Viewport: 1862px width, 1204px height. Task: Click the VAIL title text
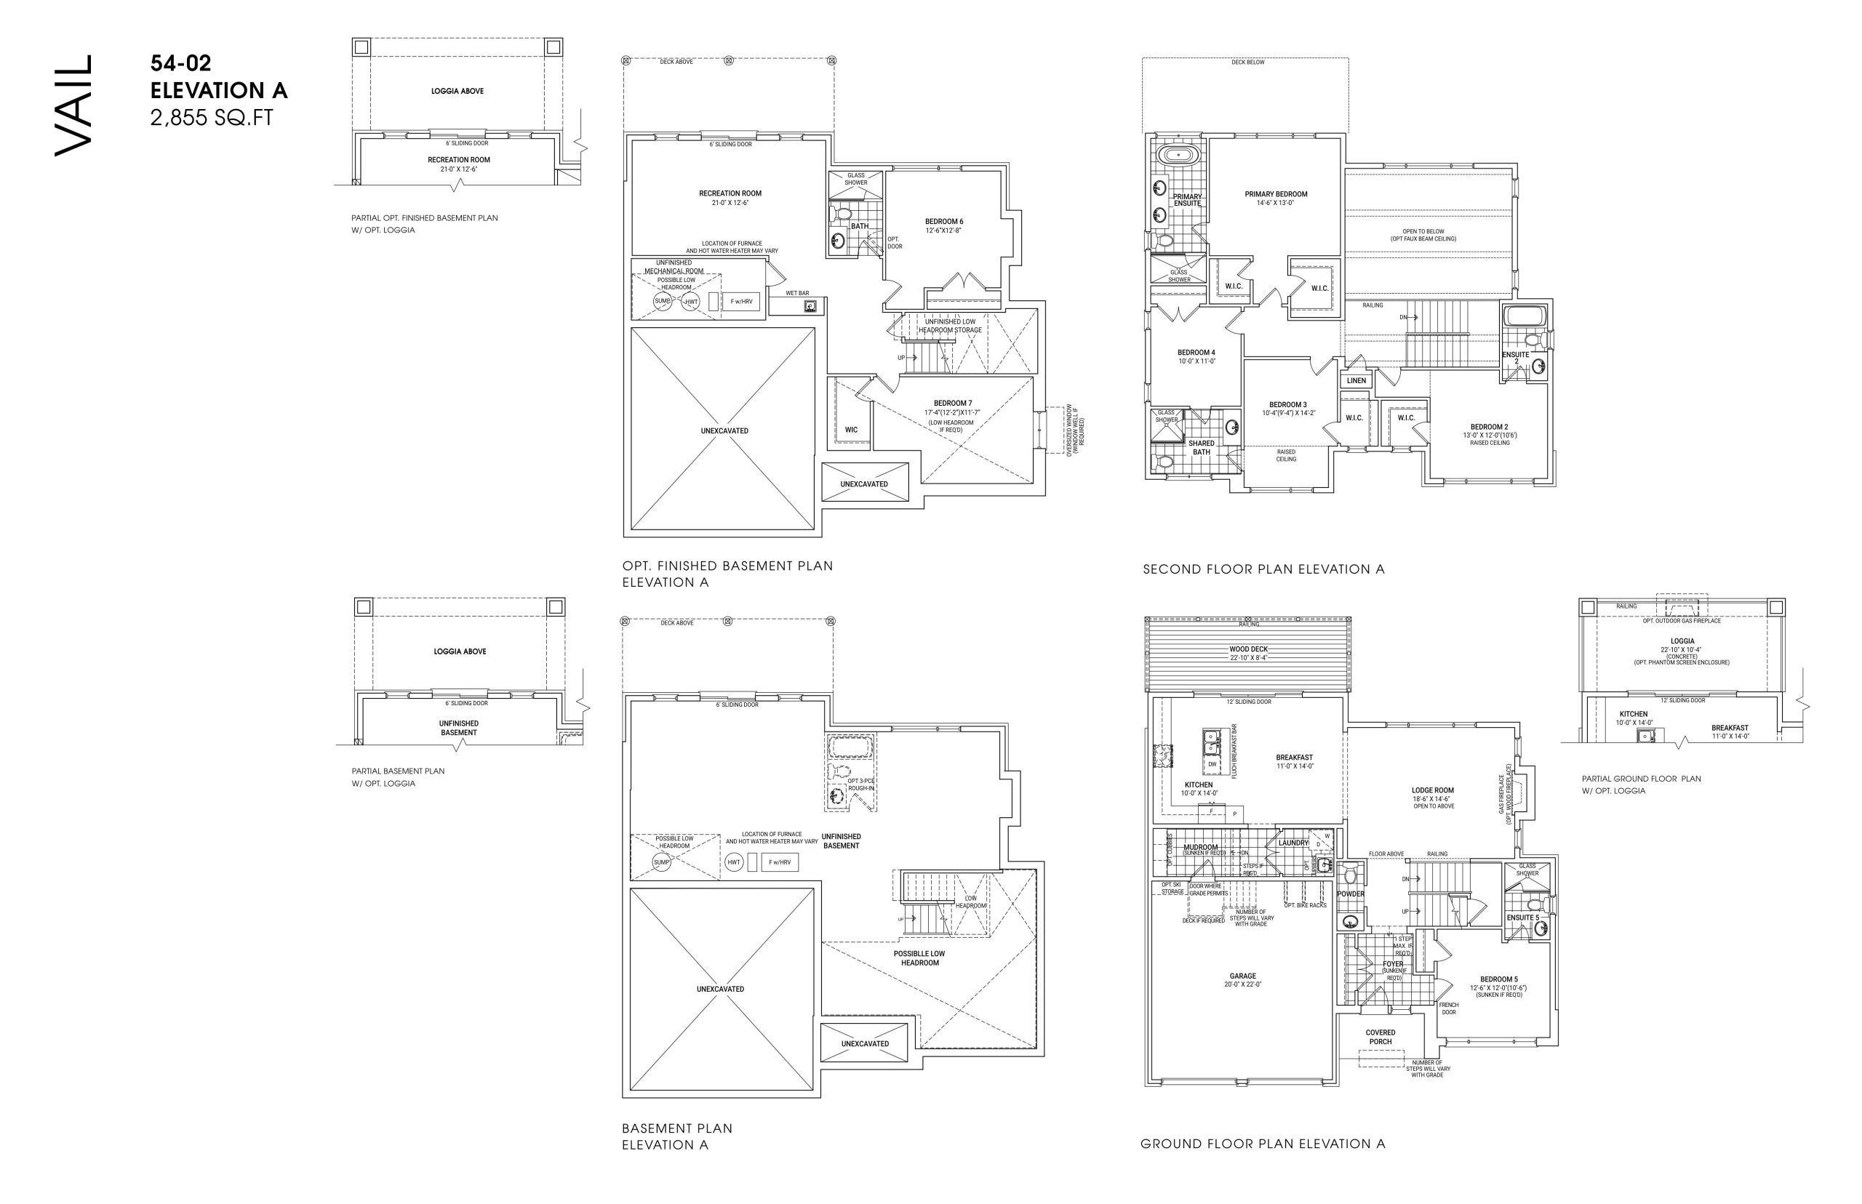[x=73, y=105]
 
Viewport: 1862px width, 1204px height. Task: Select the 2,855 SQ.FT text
[x=212, y=118]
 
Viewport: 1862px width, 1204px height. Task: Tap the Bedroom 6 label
[x=944, y=221]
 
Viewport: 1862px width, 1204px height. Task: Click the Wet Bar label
[x=797, y=293]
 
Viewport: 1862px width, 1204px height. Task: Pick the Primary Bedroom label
[x=1276, y=194]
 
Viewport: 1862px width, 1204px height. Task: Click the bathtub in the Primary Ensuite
[x=1178, y=155]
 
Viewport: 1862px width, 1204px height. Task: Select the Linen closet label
[x=1356, y=381]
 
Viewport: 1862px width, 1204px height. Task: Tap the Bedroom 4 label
[x=1196, y=353]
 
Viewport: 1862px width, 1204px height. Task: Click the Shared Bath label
[x=1201, y=447]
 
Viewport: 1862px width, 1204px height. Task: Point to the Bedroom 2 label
[x=1489, y=427]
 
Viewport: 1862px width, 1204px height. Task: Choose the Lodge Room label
[x=1433, y=790]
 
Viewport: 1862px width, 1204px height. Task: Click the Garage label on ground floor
[x=1242, y=976]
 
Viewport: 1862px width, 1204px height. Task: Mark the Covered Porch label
[x=1380, y=1037]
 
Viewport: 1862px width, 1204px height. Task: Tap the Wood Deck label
[x=1248, y=649]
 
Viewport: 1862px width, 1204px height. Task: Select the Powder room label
[x=1351, y=894]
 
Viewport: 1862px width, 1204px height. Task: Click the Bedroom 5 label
[x=1498, y=979]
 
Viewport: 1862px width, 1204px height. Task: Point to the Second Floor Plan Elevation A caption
[x=1263, y=569]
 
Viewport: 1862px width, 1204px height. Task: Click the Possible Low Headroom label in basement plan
[x=919, y=958]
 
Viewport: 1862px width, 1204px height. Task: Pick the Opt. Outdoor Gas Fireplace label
[x=1682, y=621]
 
